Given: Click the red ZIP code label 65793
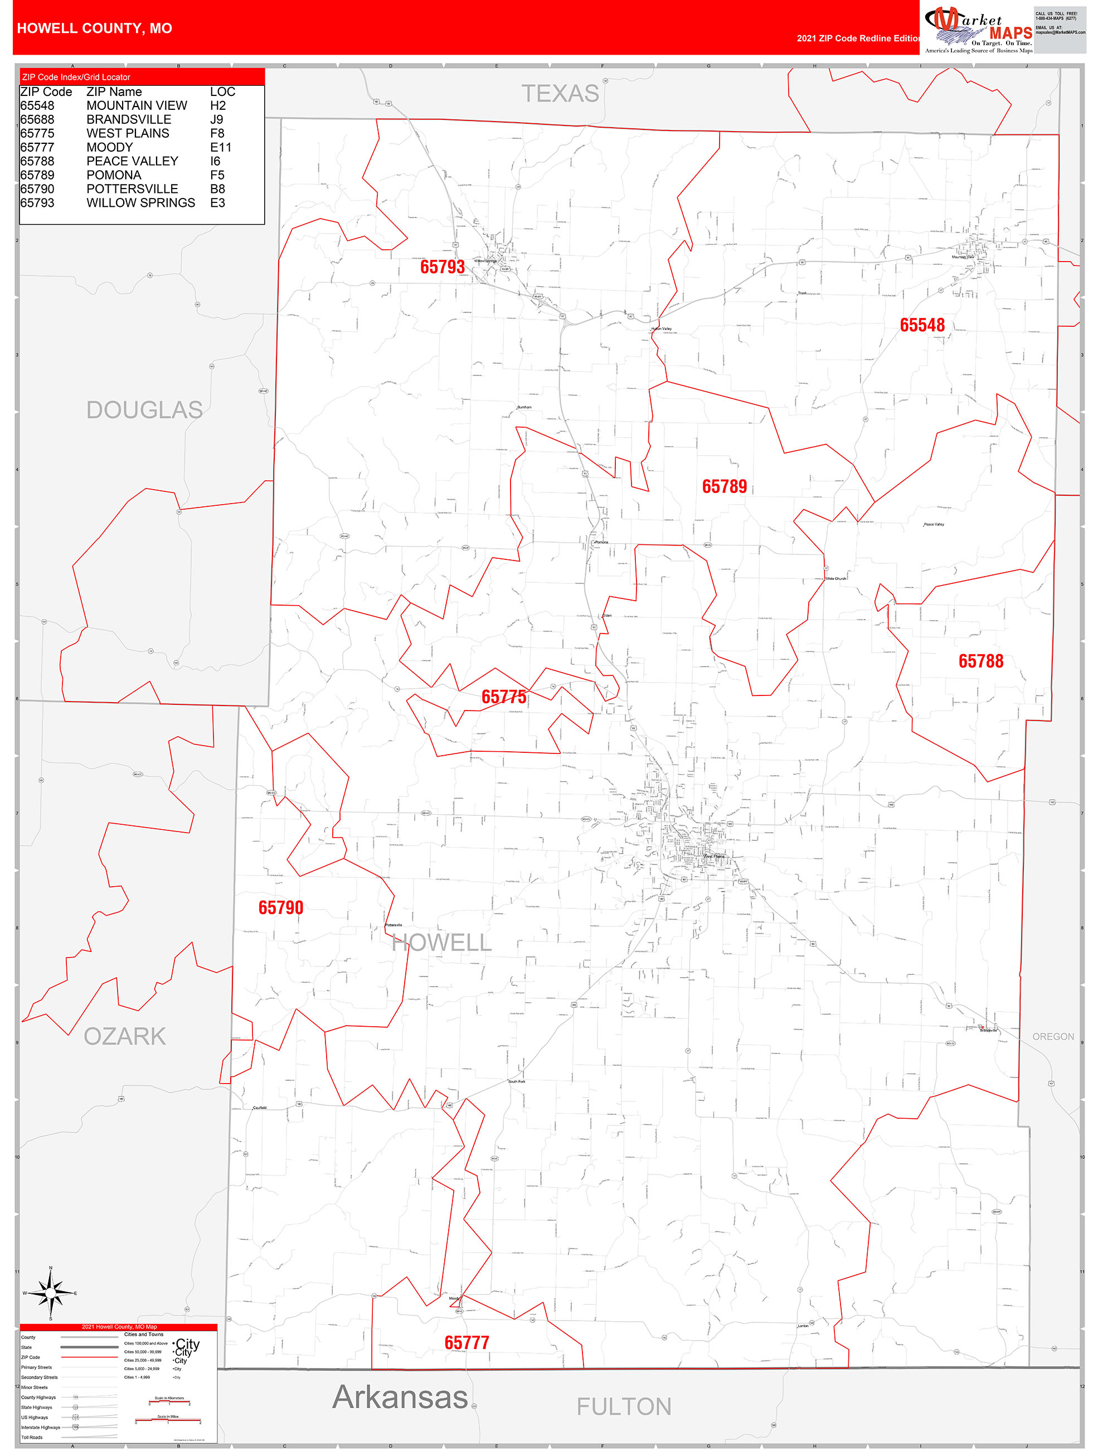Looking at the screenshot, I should [443, 267].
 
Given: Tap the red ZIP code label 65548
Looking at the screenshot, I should [922, 325].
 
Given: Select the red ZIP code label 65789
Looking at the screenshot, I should [724, 486].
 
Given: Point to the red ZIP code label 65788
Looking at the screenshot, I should [980, 661].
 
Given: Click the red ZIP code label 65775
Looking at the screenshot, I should [503, 697].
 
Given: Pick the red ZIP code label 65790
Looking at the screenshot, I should [280, 908].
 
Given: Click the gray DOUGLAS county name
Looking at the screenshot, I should [144, 410].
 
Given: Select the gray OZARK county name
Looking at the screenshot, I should [124, 1036].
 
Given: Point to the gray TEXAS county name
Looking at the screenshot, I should [560, 94].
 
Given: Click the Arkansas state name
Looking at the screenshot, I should [400, 1397].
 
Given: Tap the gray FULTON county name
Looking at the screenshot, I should [623, 1406].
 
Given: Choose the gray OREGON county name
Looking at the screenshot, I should [1053, 1036].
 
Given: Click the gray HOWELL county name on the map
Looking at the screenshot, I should [441, 943].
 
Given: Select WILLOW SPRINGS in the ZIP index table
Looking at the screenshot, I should [140, 203].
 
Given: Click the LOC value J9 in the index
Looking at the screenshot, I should [217, 119].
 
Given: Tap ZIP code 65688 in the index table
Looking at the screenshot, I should [37, 119].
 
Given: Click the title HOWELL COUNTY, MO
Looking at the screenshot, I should [94, 28].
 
